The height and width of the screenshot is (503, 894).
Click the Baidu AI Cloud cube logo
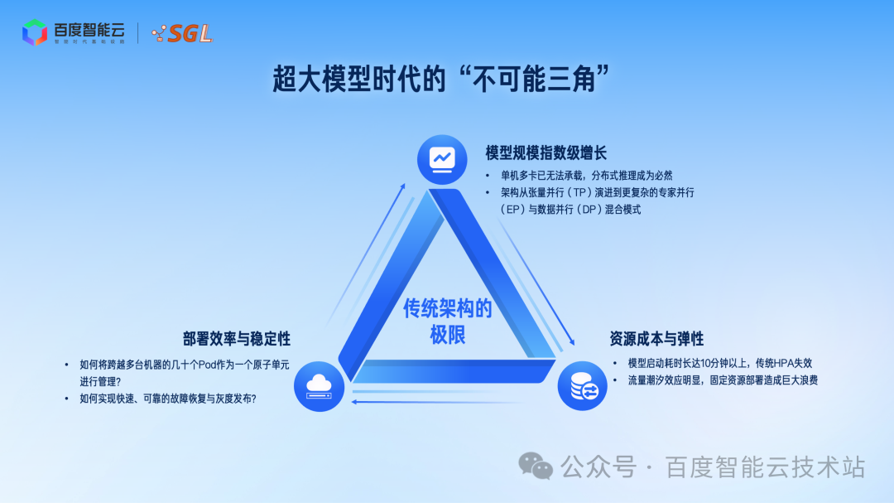(x=35, y=32)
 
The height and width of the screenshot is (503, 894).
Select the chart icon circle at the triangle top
(x=442, y=157)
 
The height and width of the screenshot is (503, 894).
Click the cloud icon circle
(x=319, y=386)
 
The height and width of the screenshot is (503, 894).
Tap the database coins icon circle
(x=582, y=386)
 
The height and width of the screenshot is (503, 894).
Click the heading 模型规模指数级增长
(x=546, y=152)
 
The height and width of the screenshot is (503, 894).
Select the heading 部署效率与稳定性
(x=237, y=338)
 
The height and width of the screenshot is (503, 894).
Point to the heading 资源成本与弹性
(x=656, y=338)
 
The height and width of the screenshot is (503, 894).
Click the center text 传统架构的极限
(x=447, y=322)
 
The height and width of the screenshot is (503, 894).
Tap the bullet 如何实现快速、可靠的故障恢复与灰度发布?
(x=167, y=399)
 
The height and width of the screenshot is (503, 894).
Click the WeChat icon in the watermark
(x=536, y=467)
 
